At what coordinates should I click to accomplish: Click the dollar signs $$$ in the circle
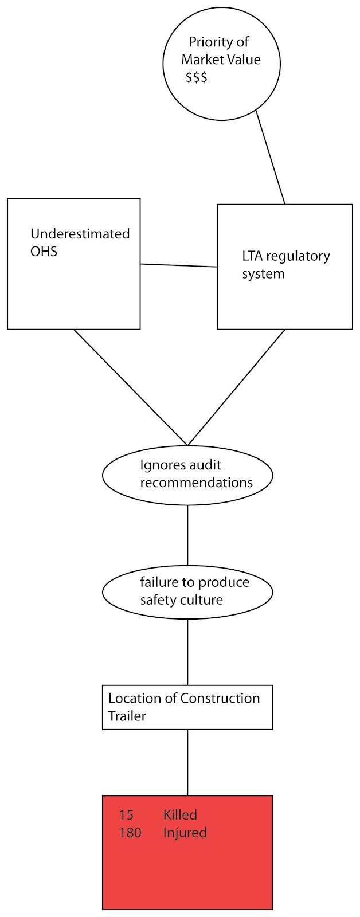tap(196, 77)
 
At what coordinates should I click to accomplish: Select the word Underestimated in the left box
tap(80, 234)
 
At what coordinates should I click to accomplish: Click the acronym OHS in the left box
tap(44, 251)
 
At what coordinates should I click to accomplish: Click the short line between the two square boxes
tap(179, 265)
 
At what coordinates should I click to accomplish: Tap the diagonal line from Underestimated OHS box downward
tap(131, 387)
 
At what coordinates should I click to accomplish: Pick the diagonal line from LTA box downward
tap(236, 387)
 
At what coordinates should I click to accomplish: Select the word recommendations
tap(196, 483)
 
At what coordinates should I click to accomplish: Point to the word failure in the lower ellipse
tap(158, 582)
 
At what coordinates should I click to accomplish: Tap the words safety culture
tap(181, 600)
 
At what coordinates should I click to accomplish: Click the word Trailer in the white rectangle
tap(127, 716)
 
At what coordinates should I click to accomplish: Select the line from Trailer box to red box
tap(187, 762)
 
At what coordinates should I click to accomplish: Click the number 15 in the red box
tap(126, 814)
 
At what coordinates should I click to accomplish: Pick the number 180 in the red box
tap(130, 832)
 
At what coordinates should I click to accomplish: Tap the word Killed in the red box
tap(180, 814)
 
